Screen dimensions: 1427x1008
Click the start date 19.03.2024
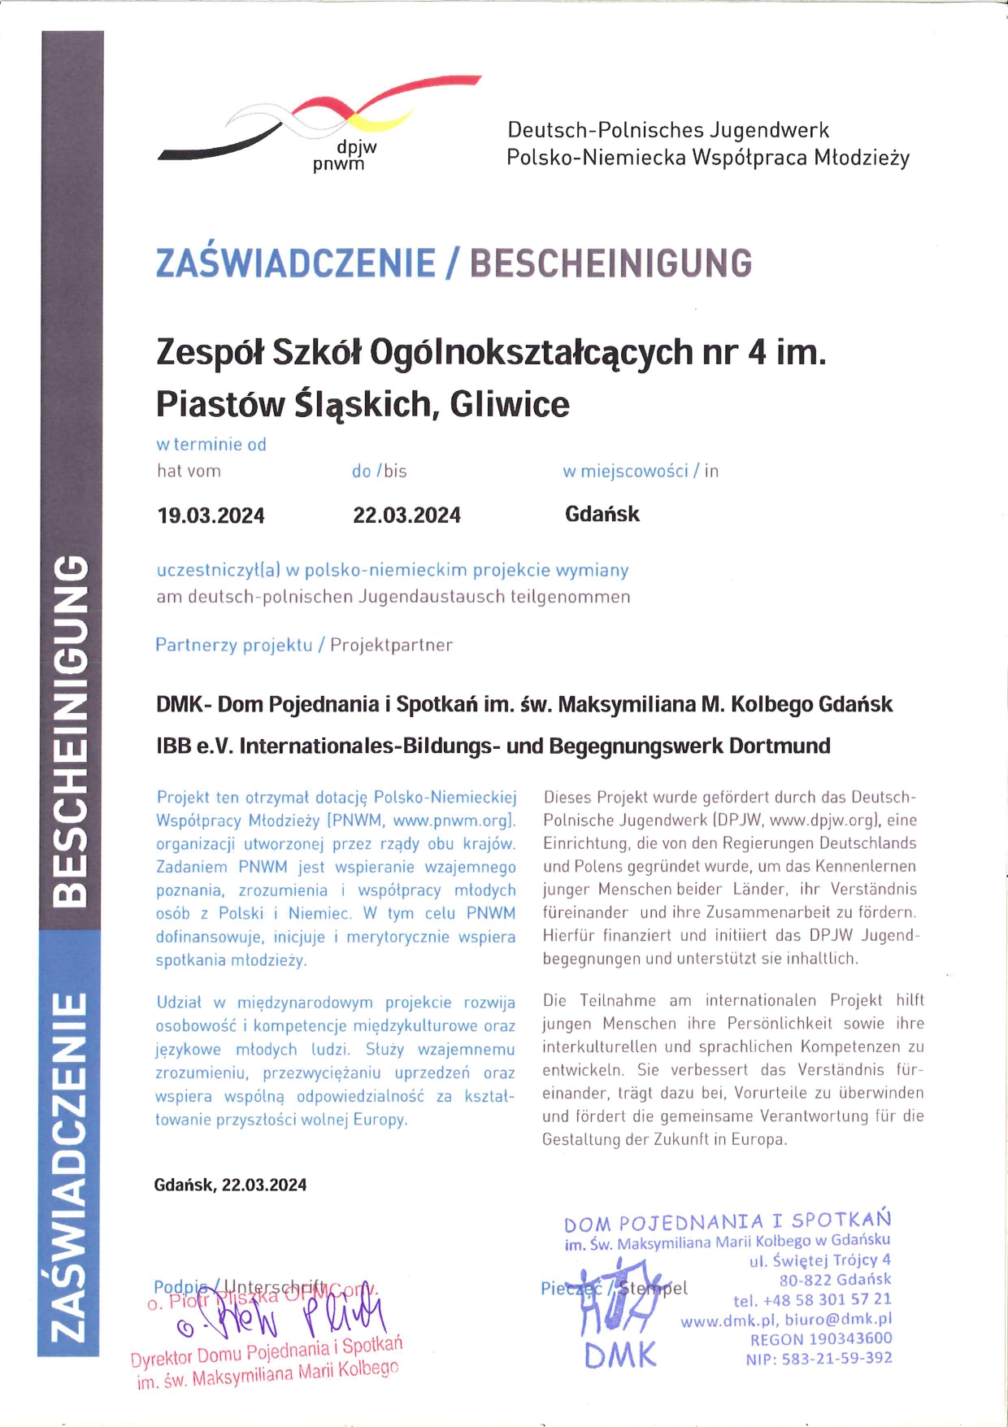coord(211,516)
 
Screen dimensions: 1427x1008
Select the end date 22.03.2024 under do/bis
coord(406,516)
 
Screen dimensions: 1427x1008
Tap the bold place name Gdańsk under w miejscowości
coord(602,514)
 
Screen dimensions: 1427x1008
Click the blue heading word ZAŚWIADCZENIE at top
coord(296,263)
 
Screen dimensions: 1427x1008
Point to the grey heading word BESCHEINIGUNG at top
coord(610,263)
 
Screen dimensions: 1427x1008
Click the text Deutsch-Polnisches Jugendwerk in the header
coord(668,130)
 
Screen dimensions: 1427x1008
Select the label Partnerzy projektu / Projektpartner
coord(303,645)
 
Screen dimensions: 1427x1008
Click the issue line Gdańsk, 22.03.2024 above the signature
coord(230,1185)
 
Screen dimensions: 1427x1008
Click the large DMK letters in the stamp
coord(620,1355)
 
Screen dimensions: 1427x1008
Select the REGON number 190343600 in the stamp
coord(850,1338)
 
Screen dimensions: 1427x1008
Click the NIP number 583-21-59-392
coord(836,1358)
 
